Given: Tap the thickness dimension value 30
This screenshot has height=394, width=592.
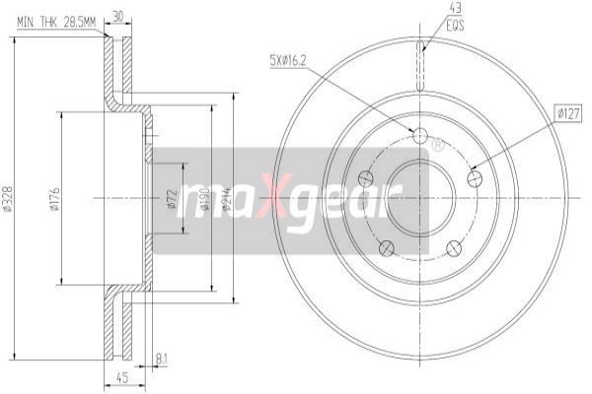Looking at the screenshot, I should coord(118,17).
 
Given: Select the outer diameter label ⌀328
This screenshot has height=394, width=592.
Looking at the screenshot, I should coord(8,203).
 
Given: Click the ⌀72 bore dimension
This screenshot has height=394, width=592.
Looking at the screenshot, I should coord(172,202).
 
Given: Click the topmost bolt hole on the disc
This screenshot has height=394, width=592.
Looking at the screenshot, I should coord(420,135).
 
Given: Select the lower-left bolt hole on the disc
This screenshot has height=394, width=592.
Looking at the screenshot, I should coord(387,246).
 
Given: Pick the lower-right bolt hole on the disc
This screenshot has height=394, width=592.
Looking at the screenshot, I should coord(453,247).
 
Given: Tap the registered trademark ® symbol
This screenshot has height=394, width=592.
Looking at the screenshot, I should coord(438,145).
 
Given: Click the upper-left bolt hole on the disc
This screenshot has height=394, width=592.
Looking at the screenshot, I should coord(365,178).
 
